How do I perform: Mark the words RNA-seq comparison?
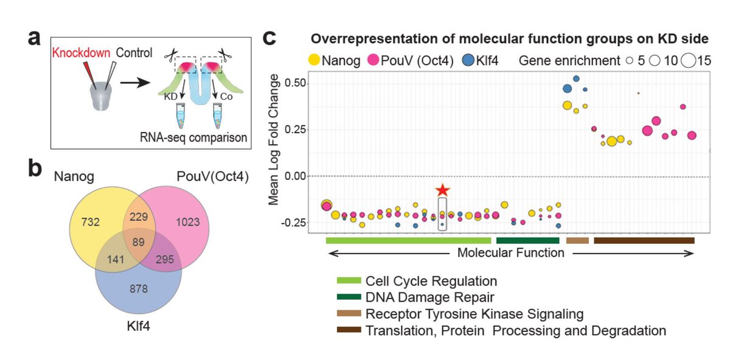(x=201, y=138)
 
